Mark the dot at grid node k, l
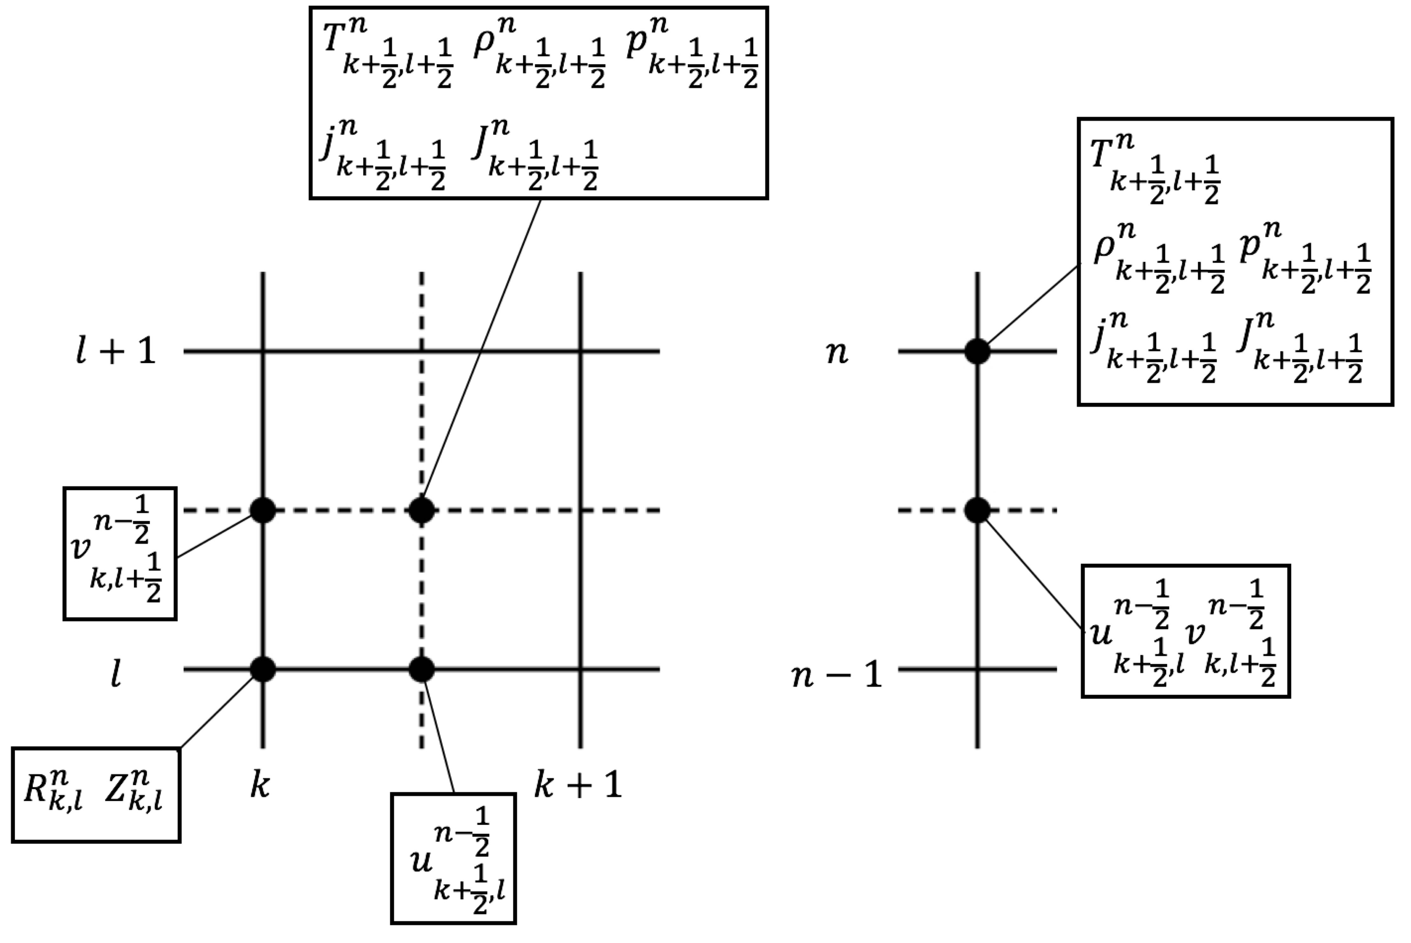click(x=263, y=669)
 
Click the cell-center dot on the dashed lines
click(x=421, y=511)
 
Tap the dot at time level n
click(x=978, y=351)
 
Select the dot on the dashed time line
click(x=978, y=511)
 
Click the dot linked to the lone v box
click(x=263, y=511)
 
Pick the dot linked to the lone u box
click(x=421, y=669)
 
